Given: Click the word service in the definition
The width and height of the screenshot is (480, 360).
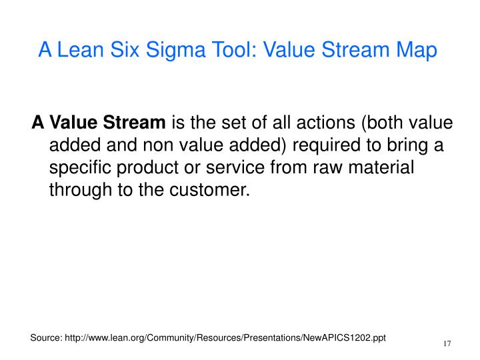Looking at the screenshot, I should click(235, 169).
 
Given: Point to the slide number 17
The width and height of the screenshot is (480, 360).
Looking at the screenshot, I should click(447, 344).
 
